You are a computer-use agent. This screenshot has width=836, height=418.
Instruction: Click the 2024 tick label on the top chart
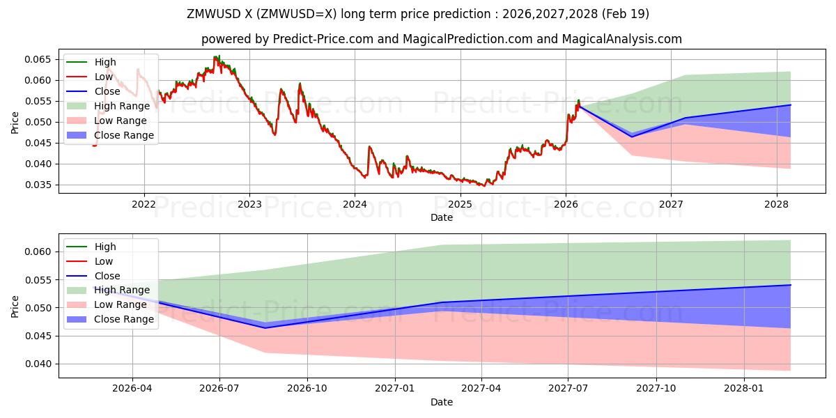(x=355, y=204)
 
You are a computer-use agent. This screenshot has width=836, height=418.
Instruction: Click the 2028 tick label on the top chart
(x=776, y=204)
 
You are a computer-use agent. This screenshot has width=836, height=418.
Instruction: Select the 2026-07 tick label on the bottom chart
(x=220, y=389)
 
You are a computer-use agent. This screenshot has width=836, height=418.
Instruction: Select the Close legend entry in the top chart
(x=107, y=91)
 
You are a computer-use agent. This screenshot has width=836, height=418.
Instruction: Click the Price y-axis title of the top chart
(x=15, y=122)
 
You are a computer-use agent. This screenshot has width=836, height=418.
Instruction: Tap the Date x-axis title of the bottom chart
(x=442, y=402)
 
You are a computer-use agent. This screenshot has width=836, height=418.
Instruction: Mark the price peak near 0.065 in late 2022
(x=217, y=57)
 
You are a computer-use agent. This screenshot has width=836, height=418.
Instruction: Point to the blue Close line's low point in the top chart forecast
(x=632, y=137)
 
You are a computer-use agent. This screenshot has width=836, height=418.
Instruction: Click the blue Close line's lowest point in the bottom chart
(x=265, y=327)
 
